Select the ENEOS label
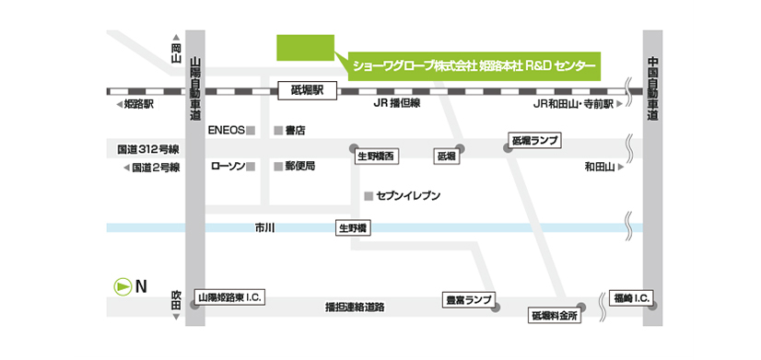pyautogui.click(x=227, y=130)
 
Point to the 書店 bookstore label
pyautogui.click(x=295, y=130)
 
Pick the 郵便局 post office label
pyautogui.click(x=300, y=167)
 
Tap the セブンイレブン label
pyautogui.click(x=408, y=196)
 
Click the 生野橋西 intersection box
pyautogui.click(x=377, y=157)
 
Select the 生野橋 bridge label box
pyautogui.click(x=353, y=227)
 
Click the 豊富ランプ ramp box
pyautogui.click(x=468, y=298)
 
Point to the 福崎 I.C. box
pyautogui.click(x=631, y=298)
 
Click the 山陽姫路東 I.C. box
pyautogui.click(x=231, y=297)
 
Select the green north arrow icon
pyautogui.click(x=121, y=286)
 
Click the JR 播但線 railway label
pyautogui.click(x=396, y=104)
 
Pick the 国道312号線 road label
pyautogui.click(x=147, y=148)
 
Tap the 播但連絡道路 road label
pyautogui.click(x=355, y=307)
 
